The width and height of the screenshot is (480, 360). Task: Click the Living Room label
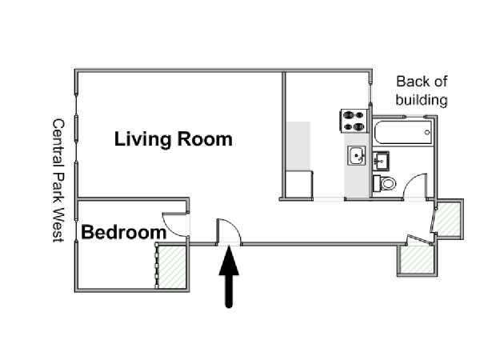(174, 139)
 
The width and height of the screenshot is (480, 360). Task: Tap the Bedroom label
(124, 232)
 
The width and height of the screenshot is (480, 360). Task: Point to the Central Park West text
(58, 181)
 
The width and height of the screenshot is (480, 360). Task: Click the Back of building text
(422, 90)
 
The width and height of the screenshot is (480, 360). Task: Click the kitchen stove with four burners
(354, 121)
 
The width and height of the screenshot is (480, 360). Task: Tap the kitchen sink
(356, 155)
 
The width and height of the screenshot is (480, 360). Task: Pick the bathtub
(403, 132)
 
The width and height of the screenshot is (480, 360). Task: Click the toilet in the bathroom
(385, 183)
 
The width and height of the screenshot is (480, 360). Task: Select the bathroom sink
(381, 161)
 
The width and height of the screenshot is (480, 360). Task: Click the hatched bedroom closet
(172, 266)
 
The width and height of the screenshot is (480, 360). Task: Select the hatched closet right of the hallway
(448, 219)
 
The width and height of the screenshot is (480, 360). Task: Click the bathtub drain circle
(427, 132)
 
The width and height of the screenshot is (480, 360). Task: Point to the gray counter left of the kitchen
(298, 146)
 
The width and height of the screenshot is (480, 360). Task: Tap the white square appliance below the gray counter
(299, 184)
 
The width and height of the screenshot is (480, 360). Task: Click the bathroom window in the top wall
(415, 116)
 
